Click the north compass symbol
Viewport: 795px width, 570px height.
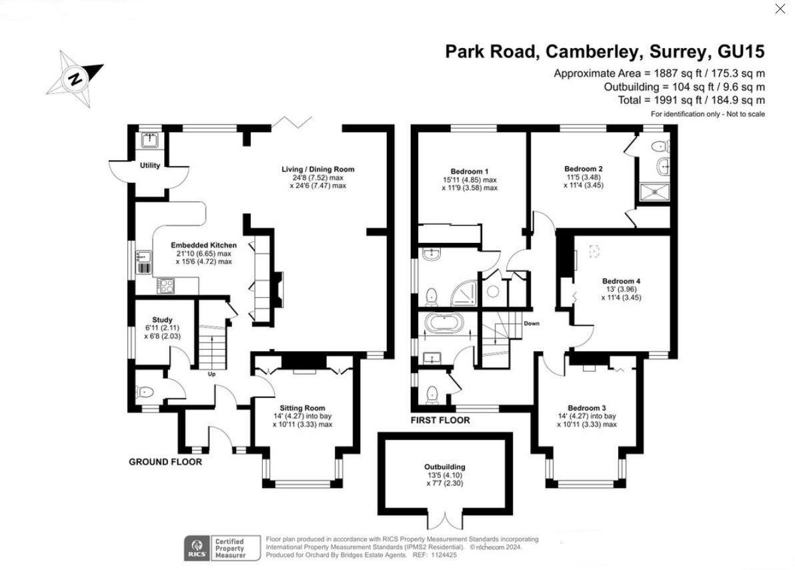(x=76, y=78)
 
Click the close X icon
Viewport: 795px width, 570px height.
(x=780, y=9)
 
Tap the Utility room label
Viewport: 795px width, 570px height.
(x=150, y=166)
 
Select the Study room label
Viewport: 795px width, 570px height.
(x=162, y=320)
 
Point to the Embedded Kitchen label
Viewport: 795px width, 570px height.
(x=203, y=245)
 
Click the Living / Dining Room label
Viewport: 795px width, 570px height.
(x=318, y=169)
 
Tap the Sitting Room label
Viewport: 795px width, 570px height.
(x=302, y=408)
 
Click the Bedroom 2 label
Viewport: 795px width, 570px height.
(x=583, y=169)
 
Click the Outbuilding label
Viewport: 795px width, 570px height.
(x=445, y=467)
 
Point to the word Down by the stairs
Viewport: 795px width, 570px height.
(x=532, y=324)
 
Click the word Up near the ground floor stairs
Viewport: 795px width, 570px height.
(x=212, y=374)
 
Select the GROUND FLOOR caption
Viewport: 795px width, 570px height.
(x=165, y=462)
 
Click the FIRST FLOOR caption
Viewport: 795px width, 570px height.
(x=440, y=420)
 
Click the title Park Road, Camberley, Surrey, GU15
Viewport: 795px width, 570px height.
(x=604, y=51)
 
